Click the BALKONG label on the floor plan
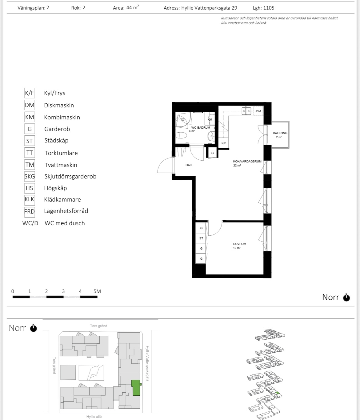tap(280, 133)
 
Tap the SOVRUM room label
tap(239, 244)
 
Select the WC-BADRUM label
tap(201, 128)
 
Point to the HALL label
tap(189, 165)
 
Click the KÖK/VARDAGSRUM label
tap(247, 161)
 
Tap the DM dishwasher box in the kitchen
tap(258, 111)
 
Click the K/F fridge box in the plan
tap(224, 143)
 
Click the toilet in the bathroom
tap(181, 135)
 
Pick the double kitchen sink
tap(246, 111)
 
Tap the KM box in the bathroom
tap(210, 119)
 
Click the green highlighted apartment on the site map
tap(136, 388)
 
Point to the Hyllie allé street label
tap(94, 417)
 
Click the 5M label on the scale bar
tap(97, 291)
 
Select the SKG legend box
tap(30, 176)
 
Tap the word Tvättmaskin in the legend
tap(61, 165)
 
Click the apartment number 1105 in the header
tap(269, 8)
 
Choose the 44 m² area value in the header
tap(132, 7)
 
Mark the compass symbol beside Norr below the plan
tap(346, 298)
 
